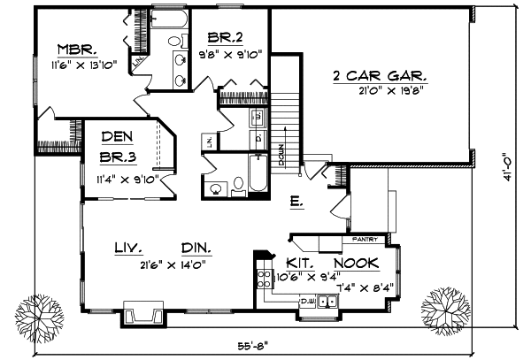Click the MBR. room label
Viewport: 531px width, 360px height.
click(76, 49)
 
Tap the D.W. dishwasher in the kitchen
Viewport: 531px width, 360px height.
click(309, 303)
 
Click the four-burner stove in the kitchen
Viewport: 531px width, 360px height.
click(263, 282)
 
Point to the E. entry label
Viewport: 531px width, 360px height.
click(296, 202)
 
